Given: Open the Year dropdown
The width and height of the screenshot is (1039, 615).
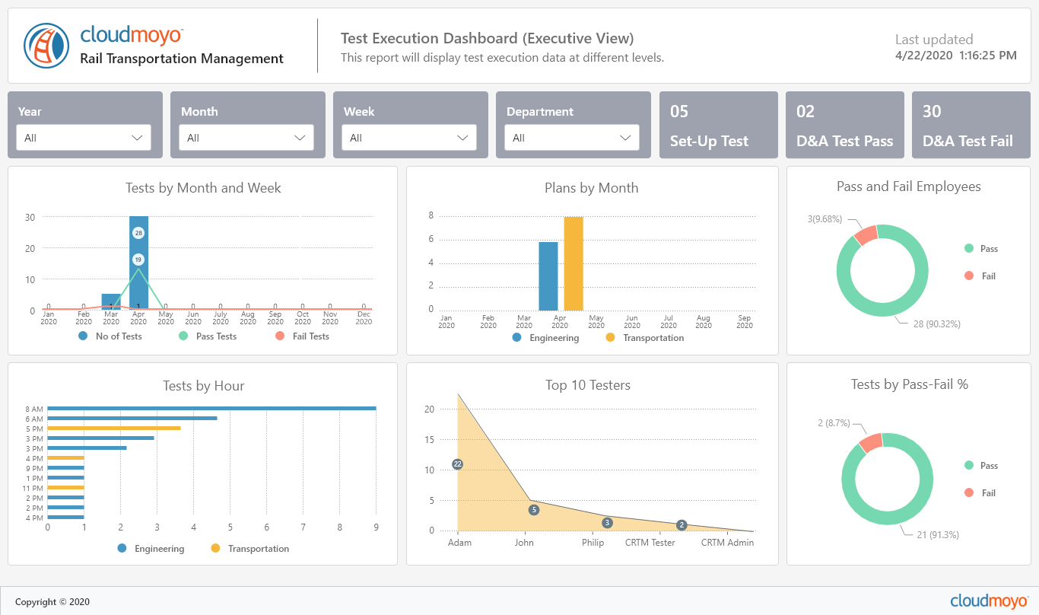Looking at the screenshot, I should pos(84,138).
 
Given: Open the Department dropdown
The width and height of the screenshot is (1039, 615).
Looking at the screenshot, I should pos(572,138).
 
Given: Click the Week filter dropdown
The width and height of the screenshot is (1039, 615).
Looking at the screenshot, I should pos(409,138).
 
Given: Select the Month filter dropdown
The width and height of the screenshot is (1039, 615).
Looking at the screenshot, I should pos(246,138).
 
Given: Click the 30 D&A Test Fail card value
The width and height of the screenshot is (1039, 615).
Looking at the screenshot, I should pos(932,112).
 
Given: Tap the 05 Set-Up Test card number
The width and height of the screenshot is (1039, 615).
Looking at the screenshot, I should pos(679,112).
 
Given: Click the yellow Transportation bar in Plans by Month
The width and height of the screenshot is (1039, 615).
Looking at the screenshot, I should pos(574,264).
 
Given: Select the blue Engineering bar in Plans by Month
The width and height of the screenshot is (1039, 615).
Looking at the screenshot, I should pos(548,276).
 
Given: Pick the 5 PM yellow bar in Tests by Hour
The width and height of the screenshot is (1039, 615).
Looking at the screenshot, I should pos(114,429).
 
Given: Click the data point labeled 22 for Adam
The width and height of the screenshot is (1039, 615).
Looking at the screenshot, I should pos(458,464).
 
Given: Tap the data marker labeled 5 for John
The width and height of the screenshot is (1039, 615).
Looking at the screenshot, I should pos(534,510).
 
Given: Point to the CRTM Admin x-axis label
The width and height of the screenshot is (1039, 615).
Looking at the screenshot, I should pos(727,543).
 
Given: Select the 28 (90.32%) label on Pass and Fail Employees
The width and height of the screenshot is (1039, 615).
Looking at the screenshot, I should pos(937,323).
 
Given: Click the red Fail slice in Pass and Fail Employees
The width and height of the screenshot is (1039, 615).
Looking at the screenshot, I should pos(866,235).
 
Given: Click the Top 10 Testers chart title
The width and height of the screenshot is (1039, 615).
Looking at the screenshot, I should pos(588,385).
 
